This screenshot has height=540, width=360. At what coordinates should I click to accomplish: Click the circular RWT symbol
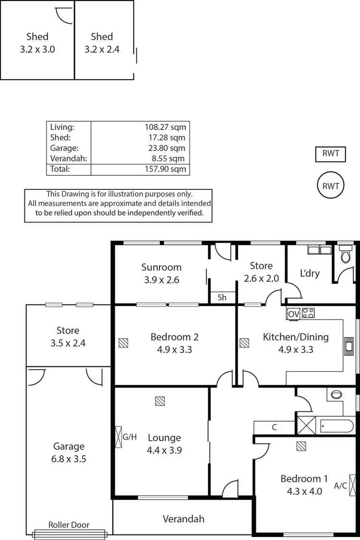click(x=331, y=186)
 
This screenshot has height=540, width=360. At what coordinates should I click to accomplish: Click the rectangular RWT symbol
click(x=331, y=154)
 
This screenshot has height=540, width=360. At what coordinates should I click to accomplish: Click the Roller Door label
click(x=69, y=525)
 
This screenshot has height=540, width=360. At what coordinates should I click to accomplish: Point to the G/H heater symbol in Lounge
click(x=119, y=437)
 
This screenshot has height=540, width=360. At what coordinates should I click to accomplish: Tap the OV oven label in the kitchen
click(x=293, y=314)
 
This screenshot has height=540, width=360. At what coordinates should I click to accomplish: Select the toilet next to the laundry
click(x=345, y=256)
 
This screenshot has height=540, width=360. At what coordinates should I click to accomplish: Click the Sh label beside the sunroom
click(x=222, y=297)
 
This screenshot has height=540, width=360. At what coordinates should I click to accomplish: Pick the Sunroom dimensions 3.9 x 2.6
click(x=161, y=280)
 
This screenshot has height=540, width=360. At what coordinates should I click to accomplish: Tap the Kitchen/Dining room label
click(x=296, y=337)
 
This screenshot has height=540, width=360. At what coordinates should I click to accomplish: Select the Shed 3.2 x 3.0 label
click(x=37, y=43)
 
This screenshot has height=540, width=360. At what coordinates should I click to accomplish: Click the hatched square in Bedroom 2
click(x=124, y=343)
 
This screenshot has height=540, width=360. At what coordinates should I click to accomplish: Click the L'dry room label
click(x=310, y=273)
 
